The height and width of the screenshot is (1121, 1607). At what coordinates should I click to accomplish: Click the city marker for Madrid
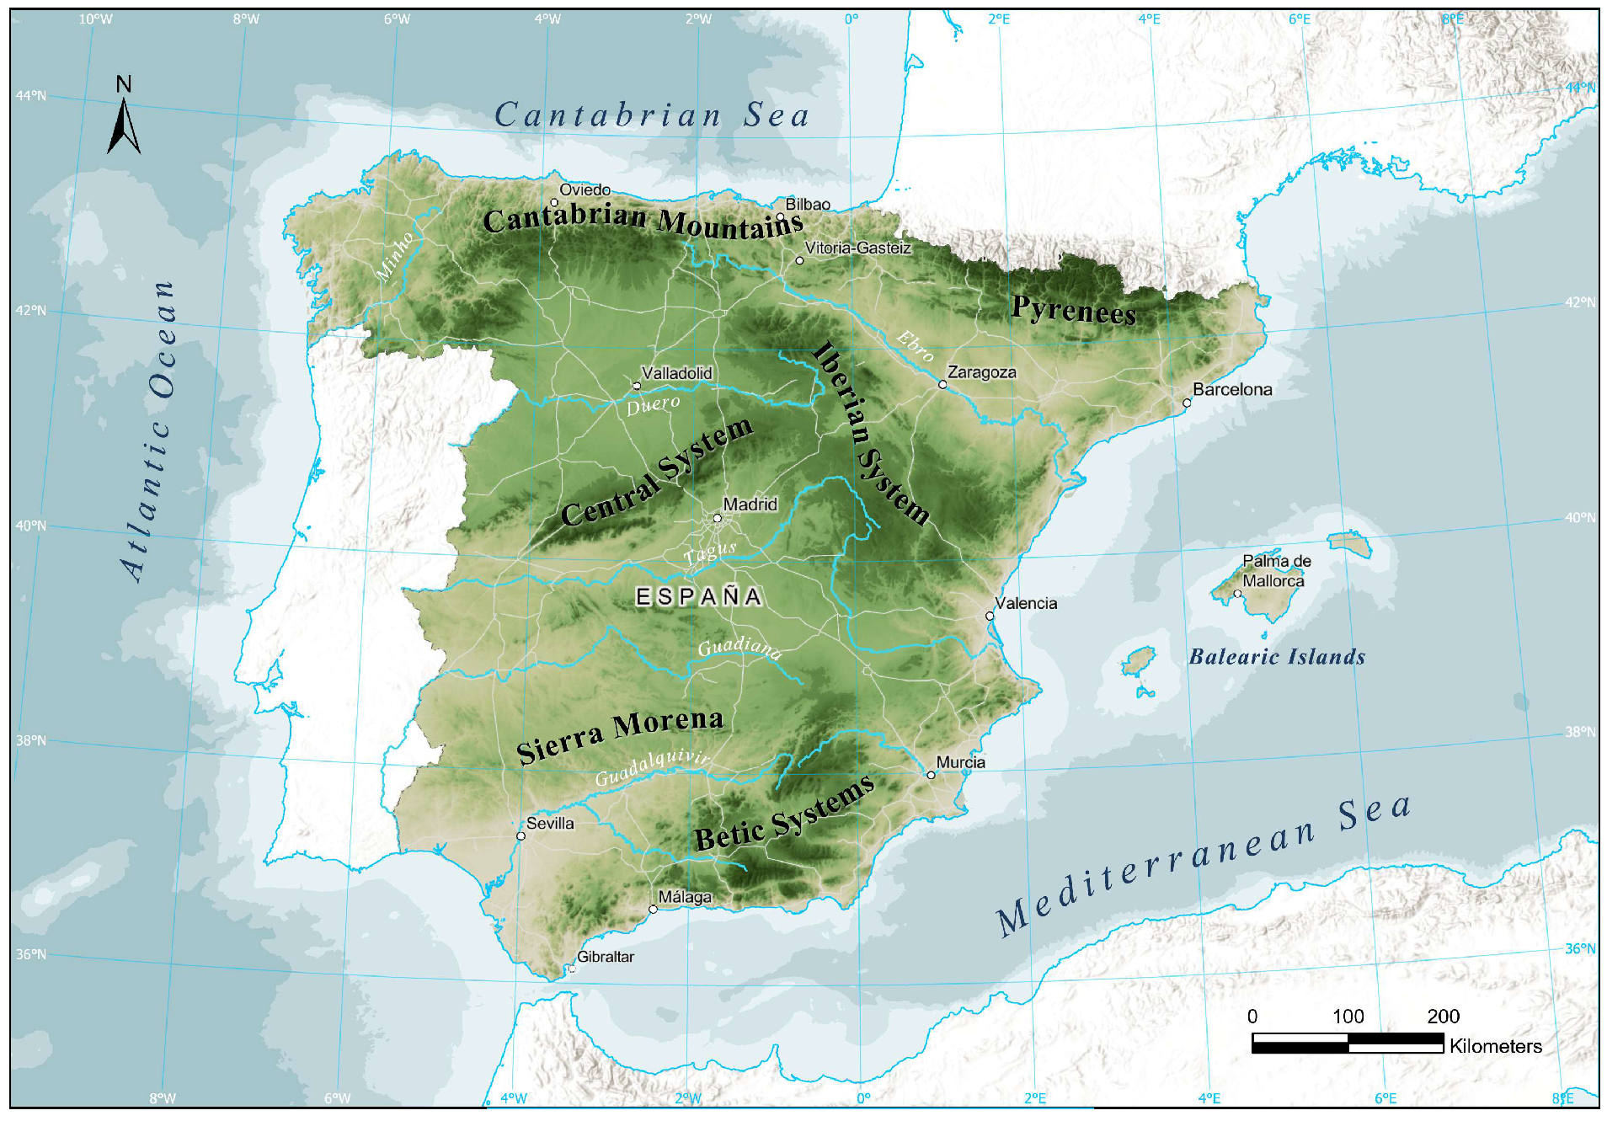[718, 518]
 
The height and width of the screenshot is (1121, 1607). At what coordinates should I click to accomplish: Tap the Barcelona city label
[1232, 389]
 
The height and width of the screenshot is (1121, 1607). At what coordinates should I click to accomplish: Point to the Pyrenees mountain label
[1074, 310]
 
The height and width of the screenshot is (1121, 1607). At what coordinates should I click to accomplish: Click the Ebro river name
[916, 345]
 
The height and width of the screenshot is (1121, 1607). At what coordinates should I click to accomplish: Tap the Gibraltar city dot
[572, 969]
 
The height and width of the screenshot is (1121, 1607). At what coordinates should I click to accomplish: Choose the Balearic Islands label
[1277, 657]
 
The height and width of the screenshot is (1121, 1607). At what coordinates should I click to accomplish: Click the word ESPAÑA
[698, 597]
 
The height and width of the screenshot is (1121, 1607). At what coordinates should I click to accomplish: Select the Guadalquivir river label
[652, 767]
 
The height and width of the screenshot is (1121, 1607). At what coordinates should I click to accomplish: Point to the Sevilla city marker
[521, 836]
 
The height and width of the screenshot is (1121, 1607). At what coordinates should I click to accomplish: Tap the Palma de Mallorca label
[1276, 571]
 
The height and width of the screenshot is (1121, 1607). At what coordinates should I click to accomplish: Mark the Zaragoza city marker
[942, 384]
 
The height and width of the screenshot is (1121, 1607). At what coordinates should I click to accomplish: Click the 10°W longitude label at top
[95, 19]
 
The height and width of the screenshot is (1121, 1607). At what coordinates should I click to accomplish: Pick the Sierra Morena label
[620, 734]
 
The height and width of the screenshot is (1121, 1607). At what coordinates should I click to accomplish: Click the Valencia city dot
[990, 616]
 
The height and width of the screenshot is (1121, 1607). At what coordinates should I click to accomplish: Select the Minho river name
[395, 255]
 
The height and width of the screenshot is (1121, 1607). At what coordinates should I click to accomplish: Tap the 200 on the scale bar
[1443, 1017]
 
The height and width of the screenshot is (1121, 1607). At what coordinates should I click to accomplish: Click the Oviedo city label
[585, 190]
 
